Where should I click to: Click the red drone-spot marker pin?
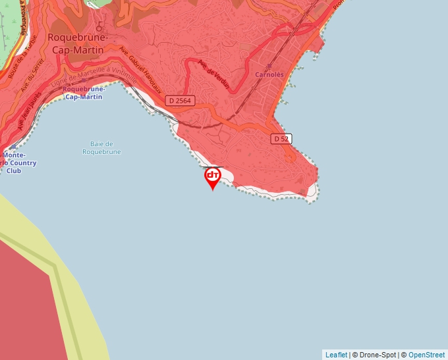point(212,177)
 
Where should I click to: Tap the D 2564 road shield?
point(179,101)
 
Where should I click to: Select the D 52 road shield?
point(281,139)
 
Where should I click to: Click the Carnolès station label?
point(269,75)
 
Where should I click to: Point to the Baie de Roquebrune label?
point(101,148)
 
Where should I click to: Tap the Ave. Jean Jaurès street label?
point(29,111)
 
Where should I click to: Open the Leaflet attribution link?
point(336,355)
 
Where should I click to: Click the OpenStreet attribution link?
point(426,355)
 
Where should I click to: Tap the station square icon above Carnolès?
point(269,66)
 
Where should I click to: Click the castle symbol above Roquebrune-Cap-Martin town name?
point(99,28)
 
